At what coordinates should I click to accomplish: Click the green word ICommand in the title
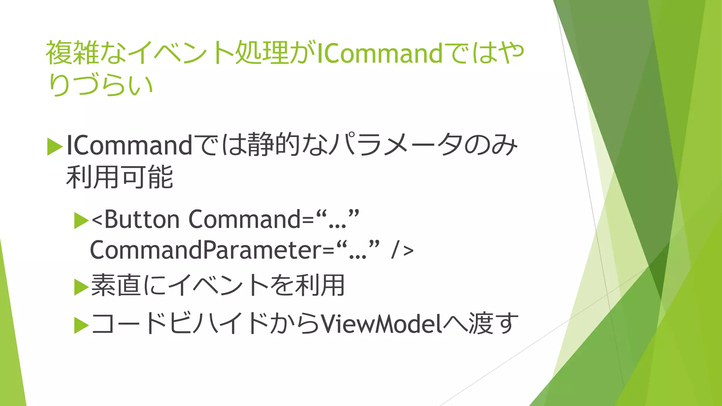click(x=379, y=54)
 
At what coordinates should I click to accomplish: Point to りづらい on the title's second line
click(x=101, y=85)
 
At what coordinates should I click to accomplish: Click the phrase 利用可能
click(x=120, y=177)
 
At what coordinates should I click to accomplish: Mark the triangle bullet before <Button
click(x=81, y=221)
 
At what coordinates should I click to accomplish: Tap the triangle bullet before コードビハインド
click(x=81, y=325)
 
